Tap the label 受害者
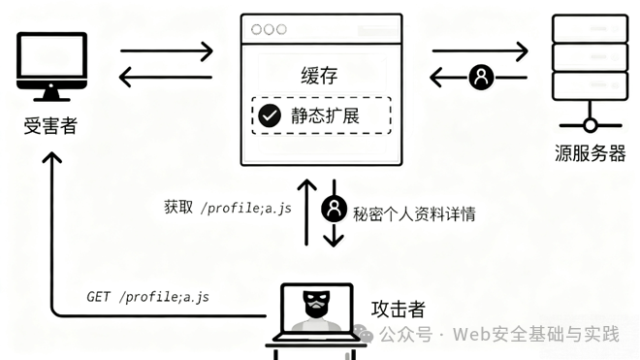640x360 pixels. pos(50,125)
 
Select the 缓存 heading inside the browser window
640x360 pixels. pos(320,76)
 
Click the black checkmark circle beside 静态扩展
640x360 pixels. pos(270,115)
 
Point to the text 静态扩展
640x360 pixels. pos(325,115)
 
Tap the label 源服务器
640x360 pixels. pos(590,153)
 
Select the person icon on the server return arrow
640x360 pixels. pos(481,77)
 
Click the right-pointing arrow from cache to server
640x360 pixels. pos(480,51)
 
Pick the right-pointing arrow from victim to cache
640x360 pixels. pos(167,51)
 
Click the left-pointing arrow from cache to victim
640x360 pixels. pos(165,77)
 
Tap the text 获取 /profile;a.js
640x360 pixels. pos(228,208)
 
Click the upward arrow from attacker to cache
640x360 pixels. pos(307,213)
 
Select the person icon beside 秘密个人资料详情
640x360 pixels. pos(334,209)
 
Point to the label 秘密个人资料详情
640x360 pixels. pos(414,214)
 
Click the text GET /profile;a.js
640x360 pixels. pos(147,297)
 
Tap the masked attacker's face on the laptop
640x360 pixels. pos(316,305)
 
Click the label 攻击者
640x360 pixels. pos(399,310)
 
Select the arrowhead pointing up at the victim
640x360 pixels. pos(52,157)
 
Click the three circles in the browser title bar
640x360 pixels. pos(269,29)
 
